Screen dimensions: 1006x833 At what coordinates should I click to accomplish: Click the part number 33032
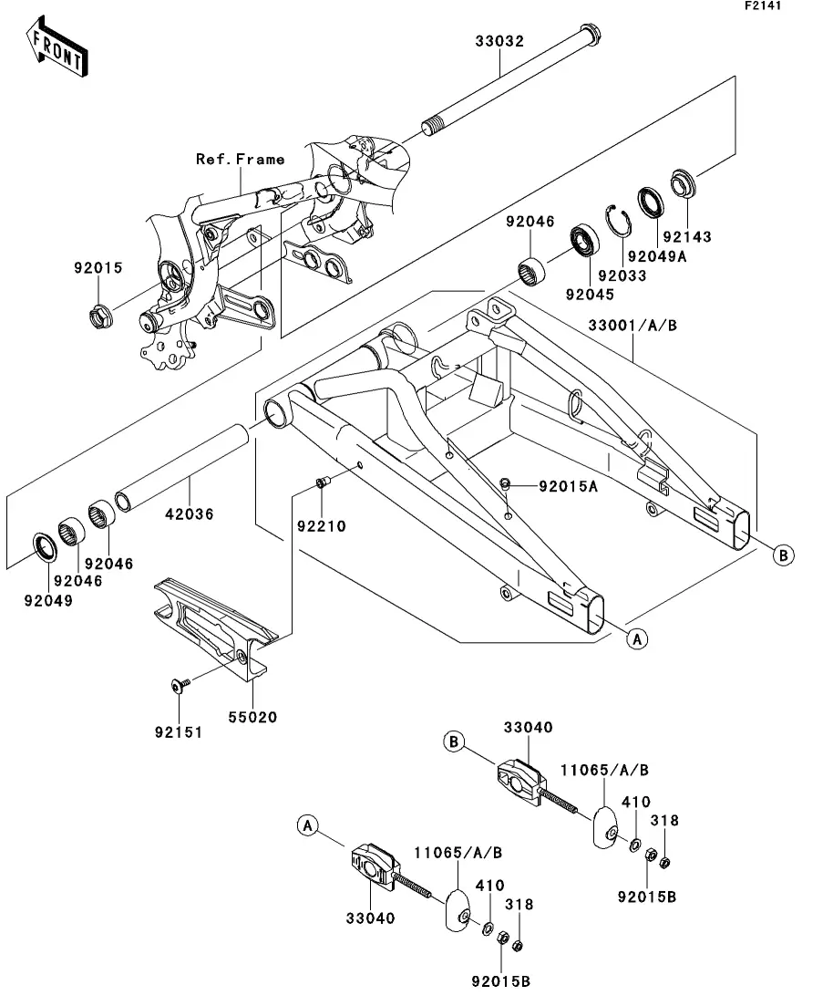(500, 42)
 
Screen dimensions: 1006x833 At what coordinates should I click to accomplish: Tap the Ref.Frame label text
(241, 159)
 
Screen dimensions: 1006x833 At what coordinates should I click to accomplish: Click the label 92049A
(657, 256)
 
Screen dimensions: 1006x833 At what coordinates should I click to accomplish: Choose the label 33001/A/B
(632, 326)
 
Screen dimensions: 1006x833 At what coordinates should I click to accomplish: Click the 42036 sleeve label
(190, 513)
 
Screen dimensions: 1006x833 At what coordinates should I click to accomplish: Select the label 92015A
(568, 486)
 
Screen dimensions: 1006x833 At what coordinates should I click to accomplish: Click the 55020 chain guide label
(253, 717)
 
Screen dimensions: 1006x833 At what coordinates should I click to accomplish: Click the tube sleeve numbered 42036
(181, 464)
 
